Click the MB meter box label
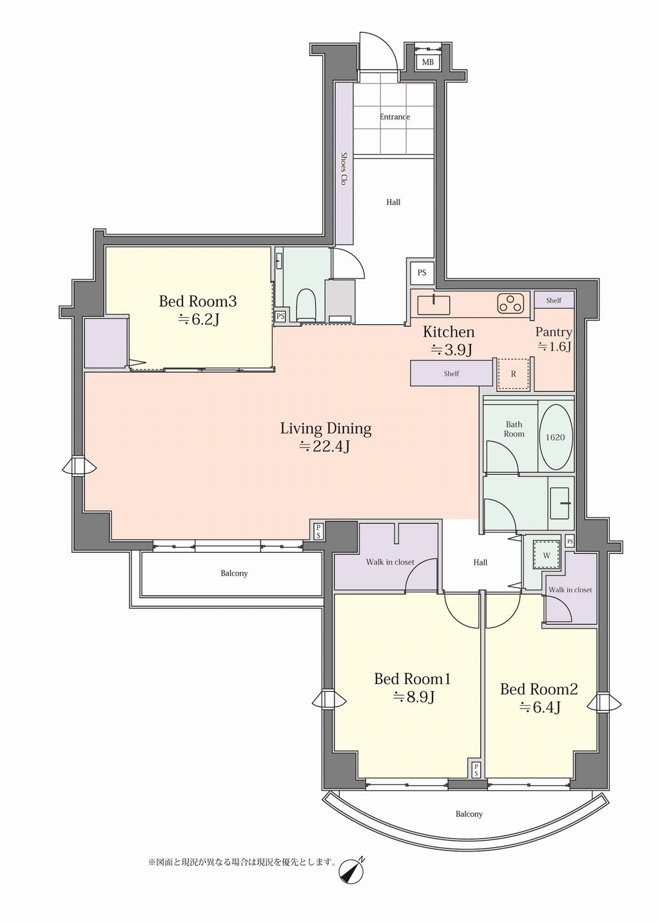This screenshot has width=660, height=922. (427, 63)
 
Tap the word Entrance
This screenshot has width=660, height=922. (394, 117)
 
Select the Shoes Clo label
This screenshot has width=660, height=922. (344, 168)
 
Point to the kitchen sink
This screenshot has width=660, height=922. (434, 305)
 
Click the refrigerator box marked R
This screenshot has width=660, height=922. (513, 374)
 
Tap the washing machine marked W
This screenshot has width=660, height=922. (547, 555)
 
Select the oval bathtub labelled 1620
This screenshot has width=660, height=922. (555, 438)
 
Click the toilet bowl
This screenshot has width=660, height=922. (306, 305)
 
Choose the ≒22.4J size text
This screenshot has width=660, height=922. (325, 446)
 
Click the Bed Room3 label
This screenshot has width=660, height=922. (198, 301)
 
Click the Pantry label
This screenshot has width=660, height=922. (554, 332)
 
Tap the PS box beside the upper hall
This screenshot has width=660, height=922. (422, 273)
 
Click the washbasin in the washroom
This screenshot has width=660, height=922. (560, 504)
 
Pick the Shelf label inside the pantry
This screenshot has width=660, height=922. (554, 300)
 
